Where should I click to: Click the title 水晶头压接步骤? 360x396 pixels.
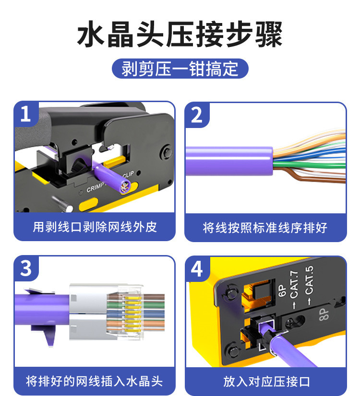180,34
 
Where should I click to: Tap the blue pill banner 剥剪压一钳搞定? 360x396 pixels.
180,69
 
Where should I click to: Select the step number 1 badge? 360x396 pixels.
26,114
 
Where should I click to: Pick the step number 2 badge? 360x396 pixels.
197,115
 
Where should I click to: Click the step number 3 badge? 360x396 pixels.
26,268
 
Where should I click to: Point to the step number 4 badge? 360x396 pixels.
197,269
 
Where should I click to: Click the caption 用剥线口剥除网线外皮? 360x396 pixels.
95,227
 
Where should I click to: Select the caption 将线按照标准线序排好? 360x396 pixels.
265,228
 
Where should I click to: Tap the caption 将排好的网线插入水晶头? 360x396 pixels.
94,381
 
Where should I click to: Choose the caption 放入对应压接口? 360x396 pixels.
266,381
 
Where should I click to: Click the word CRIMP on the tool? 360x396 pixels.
95,187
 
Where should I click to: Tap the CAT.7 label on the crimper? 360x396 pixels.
294,285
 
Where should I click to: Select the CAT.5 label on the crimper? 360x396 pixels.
309,280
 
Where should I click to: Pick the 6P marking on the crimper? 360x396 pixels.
282,291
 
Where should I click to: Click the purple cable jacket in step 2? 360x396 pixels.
229,161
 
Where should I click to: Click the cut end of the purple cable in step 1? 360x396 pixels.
125,186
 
